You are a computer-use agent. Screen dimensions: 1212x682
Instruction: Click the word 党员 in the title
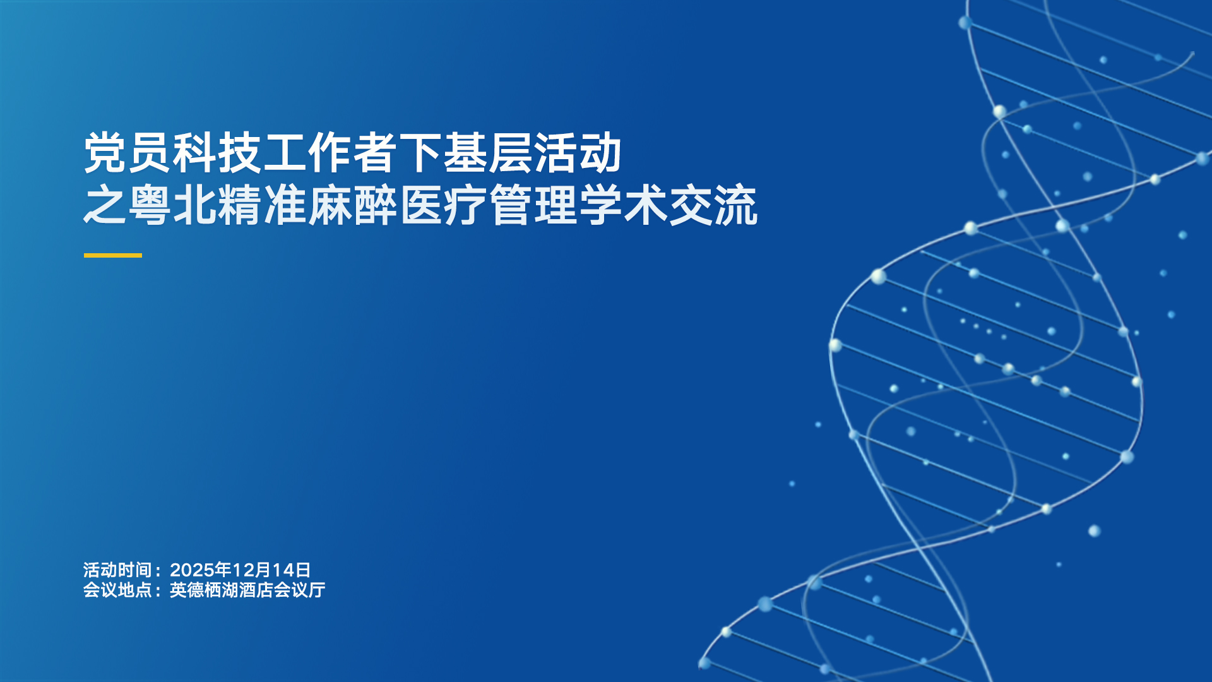pyautogui.click(x=128, y=153)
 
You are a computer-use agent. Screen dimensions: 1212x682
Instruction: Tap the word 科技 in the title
pyautogui.click(x=218, y=153)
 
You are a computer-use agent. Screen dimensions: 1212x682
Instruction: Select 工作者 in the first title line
pyautogui.click(x=330, y=153)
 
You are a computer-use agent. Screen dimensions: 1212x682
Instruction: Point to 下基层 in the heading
pyautogui.click(x=465, y=153)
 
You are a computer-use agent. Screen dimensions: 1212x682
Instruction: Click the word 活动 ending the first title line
pyautogui.click(x=577, y=153)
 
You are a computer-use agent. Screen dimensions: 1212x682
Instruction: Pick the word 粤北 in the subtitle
pyautogui.click(x=173, y=205)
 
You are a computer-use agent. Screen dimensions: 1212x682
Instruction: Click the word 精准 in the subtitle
pyautogui.click(x=263, y=205)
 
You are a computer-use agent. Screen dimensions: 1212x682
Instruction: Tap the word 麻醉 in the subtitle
pyautogui.click(x=352, y=205)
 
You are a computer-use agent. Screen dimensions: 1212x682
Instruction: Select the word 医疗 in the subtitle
pyautogui.click(x=443, y=205)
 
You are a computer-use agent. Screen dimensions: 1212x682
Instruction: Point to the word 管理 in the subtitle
pyautogui.click(x=532, y=205)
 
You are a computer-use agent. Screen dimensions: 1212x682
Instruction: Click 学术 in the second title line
pyautogui.click(x=622, y=205)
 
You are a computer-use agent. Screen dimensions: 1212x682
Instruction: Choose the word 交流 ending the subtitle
pyautogui.click(x=713, y=205)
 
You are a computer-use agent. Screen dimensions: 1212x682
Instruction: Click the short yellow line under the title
pyautogui.click(x=113, y=255)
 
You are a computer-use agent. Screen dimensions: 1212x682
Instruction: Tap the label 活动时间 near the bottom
pyautogui.click(x=117, y=570)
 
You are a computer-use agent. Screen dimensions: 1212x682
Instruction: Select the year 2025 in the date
pyautogui.click(x=193, y=570)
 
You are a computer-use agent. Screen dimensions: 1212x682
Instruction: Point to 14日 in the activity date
pyautogui.click(x=292, y=570)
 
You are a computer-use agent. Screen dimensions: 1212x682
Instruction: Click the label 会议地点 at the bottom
pyautogui.click(x=117, y=590)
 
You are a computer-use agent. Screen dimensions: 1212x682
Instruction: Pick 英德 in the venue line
pyautogui.click(x=187, y=590)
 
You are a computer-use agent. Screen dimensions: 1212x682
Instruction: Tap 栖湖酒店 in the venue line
pyautogui.click(x=239, y=590)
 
